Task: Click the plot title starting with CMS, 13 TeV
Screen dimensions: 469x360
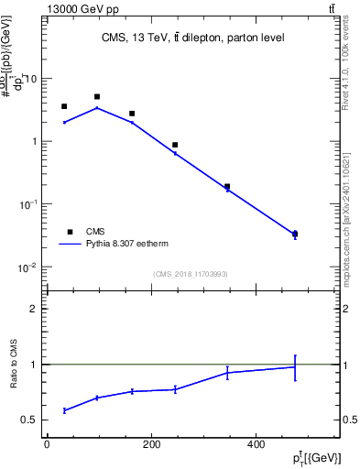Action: [193, 38]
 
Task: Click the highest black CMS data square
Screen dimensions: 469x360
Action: [97, 96]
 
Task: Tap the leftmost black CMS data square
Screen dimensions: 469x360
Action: [64, 106]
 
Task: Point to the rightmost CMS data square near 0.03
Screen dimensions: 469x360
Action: [294, 234]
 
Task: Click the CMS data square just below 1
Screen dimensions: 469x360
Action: [175, 145]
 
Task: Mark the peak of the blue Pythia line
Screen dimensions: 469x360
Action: [97, 108]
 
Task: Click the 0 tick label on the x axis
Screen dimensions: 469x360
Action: [47, 445]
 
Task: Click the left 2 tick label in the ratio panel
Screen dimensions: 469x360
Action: [33, 309]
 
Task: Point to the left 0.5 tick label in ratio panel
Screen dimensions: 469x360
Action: [29, 420]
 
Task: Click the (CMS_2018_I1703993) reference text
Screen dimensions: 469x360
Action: [191, 273]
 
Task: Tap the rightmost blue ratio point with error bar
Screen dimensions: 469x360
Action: [294, 367]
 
